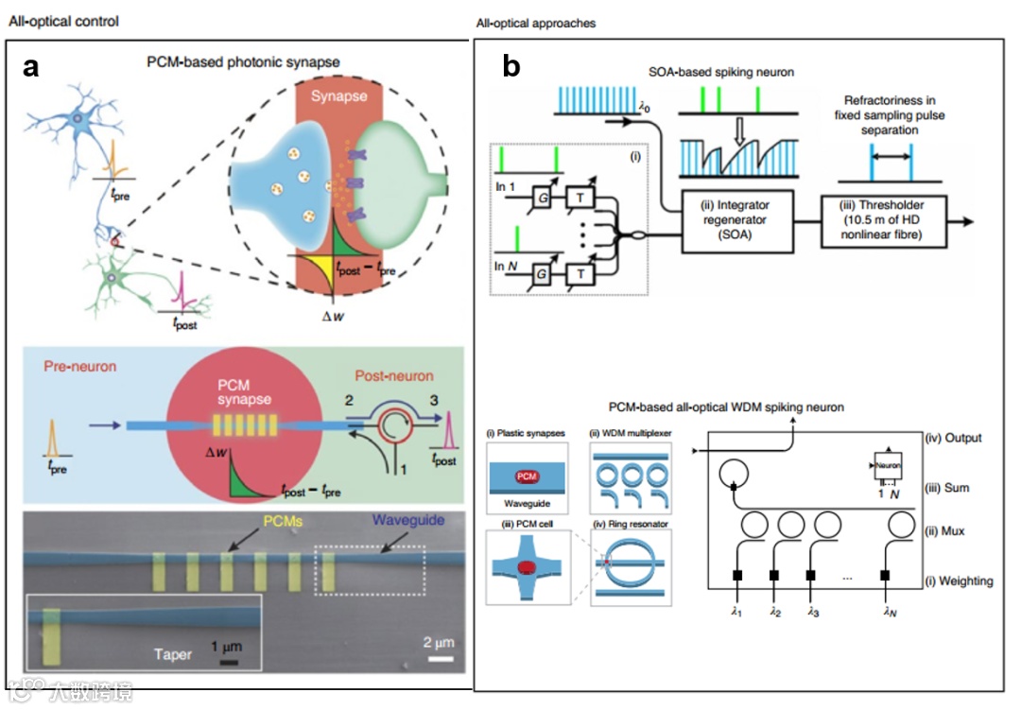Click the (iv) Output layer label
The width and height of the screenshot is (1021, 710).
pyautogui.click(x=954, y=438)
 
